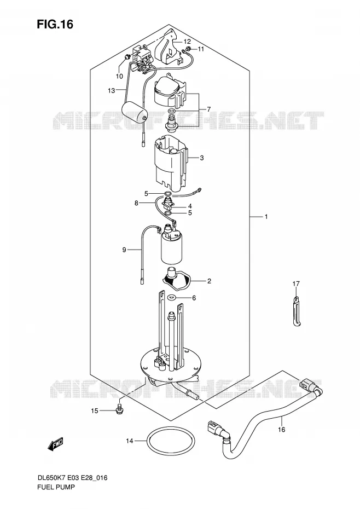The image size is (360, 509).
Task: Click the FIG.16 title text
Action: pos(55,24)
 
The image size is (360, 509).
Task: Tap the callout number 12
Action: pos(187,42)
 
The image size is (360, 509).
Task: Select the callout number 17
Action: pos(296,284)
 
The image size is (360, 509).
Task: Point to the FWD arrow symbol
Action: pos(55,444)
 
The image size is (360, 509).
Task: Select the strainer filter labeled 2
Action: pos(176,279)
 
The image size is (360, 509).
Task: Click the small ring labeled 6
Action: pos(171,297)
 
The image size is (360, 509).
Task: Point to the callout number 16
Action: pos(281,430)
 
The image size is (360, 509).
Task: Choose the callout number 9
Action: pos(124,250)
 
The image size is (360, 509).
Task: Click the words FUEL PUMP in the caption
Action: pos(56,487)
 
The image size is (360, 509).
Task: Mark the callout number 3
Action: pos(201,158)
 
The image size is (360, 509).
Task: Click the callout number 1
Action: pos(266,217)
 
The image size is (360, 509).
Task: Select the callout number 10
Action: pos(119,76)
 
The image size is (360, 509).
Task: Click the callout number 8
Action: pos(136,203)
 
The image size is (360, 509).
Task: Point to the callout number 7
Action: pos(209,109)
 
